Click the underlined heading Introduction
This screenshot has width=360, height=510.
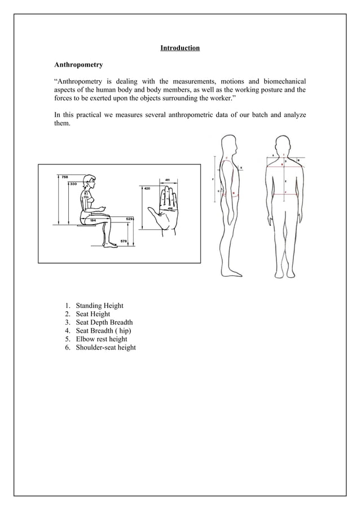click(179, 48)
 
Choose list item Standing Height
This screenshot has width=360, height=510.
click(99, 306)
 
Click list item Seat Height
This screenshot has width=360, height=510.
click(93, 314)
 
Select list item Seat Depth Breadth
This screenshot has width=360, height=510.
click(104, 322)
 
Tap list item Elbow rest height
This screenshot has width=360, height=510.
click(102, 339)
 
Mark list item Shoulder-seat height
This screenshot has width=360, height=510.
click(106, 348)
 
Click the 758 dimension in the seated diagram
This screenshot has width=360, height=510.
click(65, 177)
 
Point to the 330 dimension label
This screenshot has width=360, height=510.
click(73, 184)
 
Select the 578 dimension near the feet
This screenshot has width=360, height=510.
click(124, 241)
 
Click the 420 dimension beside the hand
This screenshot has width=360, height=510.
click(147, 188)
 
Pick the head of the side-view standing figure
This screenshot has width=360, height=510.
click(229, 143)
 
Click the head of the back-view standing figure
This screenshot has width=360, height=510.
click(284, 144)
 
